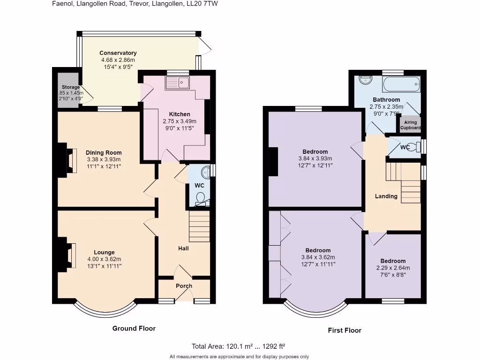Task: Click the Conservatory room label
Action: pyautogui.click(x=118, y=53)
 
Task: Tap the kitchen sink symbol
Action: pyautogui.click(x=177, y=83)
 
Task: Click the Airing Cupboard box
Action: pyautogui.click(x=410, y=125)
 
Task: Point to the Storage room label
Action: pyautogui.click(x=71, y=87)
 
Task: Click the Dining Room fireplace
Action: pyautogui.click(x=70, y=160)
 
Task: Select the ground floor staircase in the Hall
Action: pyautogui.click(x=199, y=226)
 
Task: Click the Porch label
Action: pyautogui.click(x=184, y=286)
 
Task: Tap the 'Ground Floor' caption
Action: pyautogui.click(x=134, y=328)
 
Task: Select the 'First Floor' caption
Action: pyautogui.click(x=344, y=330)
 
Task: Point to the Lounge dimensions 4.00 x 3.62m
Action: pyautogui.click(x=104, y=259)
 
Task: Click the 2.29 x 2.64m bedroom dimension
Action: pyautogui.click(x=393, y=268)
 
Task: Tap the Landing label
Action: pyautogui.click(x=386, y=196)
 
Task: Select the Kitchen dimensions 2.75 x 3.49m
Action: pyautogui.click(x=180, y=121)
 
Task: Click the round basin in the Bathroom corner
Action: pyautogui.click(x=365, y=79)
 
